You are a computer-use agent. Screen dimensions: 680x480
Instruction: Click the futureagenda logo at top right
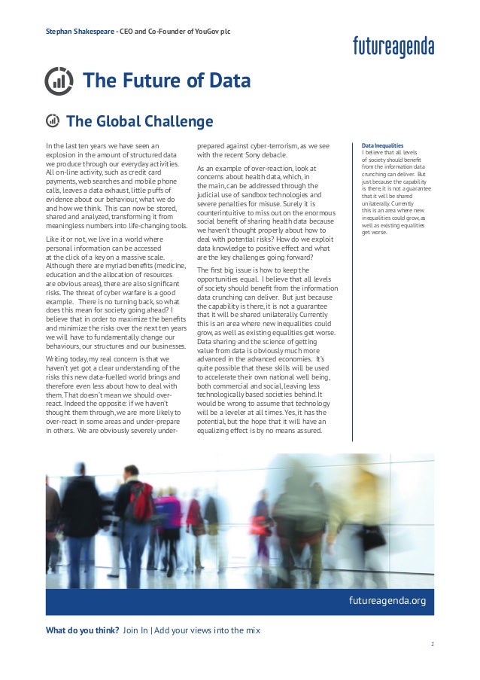(x=393, y=47)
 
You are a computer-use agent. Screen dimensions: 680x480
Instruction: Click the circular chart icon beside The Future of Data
(x=59, y=81)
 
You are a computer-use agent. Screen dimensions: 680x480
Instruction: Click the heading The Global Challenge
(x=140, y=121)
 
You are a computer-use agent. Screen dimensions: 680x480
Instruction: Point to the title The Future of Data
(x=166, y=81)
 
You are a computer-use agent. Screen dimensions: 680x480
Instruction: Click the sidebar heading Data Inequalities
(x=383, y=145)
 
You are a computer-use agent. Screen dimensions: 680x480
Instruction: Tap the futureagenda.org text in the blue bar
(x=387, y=600)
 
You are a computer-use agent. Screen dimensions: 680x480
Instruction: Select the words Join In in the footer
(x=135, y=630)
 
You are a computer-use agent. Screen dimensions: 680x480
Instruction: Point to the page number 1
(x=433, y=645)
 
